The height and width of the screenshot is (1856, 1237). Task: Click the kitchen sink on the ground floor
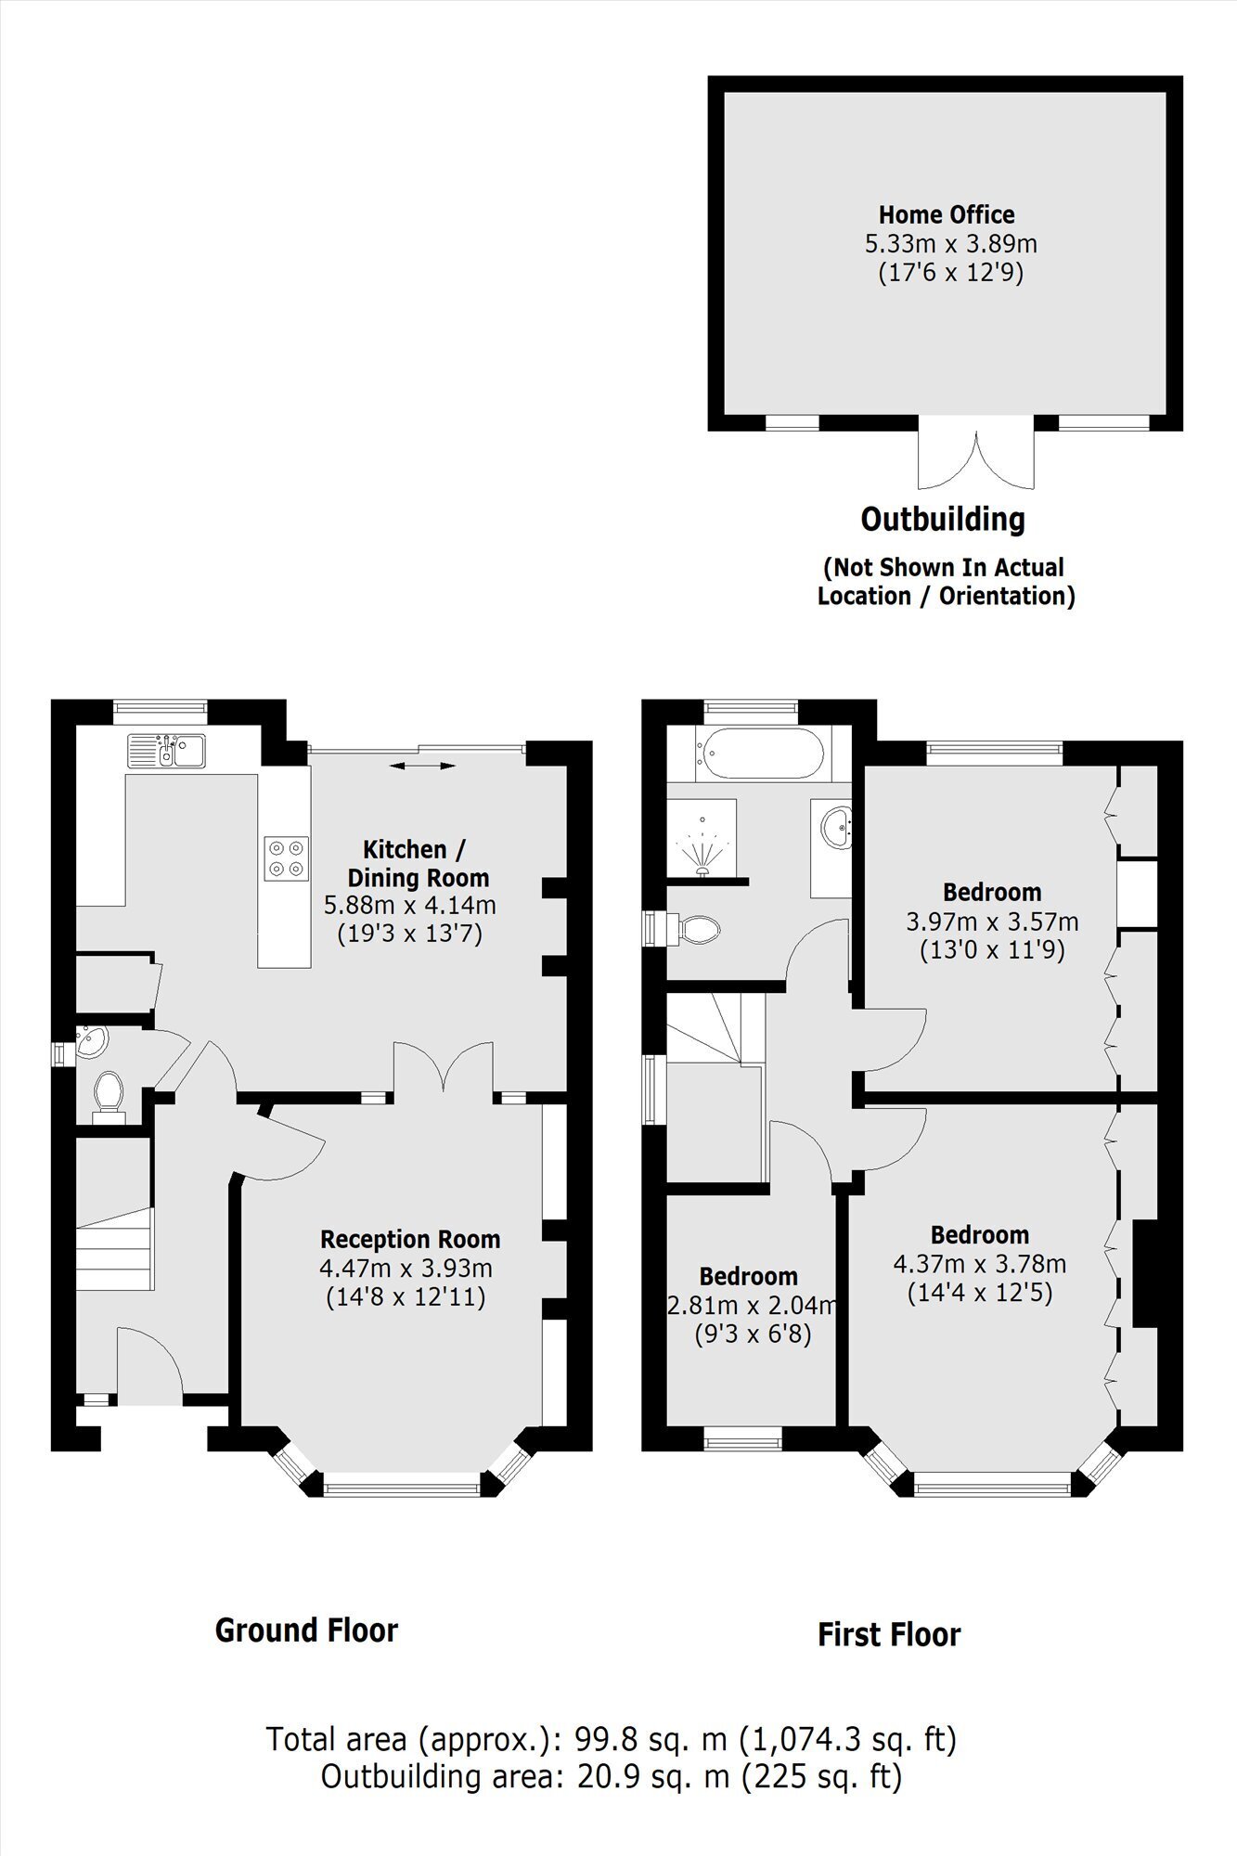167,751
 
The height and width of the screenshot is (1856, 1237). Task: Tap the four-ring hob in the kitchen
287,857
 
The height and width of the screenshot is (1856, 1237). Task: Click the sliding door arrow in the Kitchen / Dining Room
422,766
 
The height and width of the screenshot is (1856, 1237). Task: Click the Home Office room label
947,215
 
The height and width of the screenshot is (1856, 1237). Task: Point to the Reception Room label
410,1239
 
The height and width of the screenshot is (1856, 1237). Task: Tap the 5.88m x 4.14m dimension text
409,905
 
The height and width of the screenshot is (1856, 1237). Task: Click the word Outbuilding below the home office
943,520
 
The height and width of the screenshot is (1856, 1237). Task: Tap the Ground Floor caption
306,1630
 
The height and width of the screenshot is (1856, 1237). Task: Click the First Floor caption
889,1634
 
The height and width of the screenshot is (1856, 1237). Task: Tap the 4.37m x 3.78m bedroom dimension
980,1264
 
